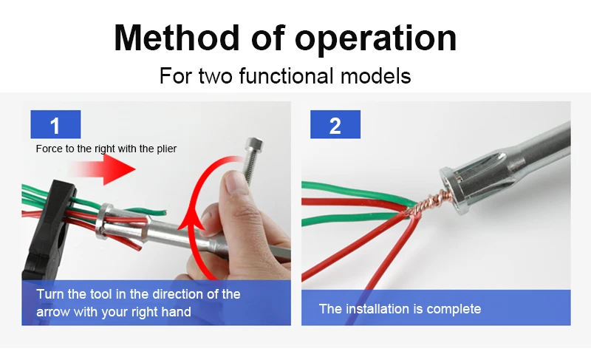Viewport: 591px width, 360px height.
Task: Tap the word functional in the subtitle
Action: pos(287,75)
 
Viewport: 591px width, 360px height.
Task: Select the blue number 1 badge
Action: pos(55,124)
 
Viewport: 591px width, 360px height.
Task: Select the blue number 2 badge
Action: pos(335,124)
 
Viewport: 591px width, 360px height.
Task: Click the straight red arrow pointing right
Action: pos(102,169)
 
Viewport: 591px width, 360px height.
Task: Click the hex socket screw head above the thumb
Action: pos(253,145)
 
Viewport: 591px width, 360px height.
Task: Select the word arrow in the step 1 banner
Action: pos(53,312)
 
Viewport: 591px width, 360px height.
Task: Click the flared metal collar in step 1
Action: pos(104,221)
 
